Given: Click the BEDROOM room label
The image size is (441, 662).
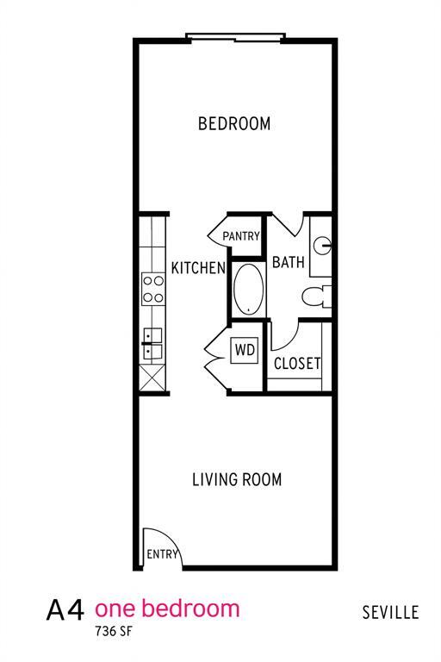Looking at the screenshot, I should coord(234,123).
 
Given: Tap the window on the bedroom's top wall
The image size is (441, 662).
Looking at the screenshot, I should coord(235,37).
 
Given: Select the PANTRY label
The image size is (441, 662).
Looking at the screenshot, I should coord(241,235).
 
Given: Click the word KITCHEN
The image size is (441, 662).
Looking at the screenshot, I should coord(197,268).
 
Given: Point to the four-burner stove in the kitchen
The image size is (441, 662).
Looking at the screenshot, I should coord(153,289).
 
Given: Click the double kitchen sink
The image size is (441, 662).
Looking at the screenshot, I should coord(152,343).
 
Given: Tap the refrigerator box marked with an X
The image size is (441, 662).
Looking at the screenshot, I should coord(152,377).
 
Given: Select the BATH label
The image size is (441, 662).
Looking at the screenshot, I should coord(288,262).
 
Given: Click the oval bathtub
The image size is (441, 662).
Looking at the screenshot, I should coord(248,288).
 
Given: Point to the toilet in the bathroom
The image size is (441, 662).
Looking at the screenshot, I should coord(316,296).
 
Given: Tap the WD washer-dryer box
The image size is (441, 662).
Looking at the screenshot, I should coord(245,351).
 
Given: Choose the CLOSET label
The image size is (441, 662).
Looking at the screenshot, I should coord(297,364).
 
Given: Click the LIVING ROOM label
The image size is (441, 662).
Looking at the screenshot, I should coord(236,479).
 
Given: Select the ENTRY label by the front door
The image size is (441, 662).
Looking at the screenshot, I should coord(161,554).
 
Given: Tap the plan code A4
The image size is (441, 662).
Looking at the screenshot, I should coord(65,611).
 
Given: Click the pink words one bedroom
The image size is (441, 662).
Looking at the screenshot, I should coord(166,609).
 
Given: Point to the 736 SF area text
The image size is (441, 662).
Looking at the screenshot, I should coord(114,631).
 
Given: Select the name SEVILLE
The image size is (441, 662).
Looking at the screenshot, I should coord(390,613).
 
